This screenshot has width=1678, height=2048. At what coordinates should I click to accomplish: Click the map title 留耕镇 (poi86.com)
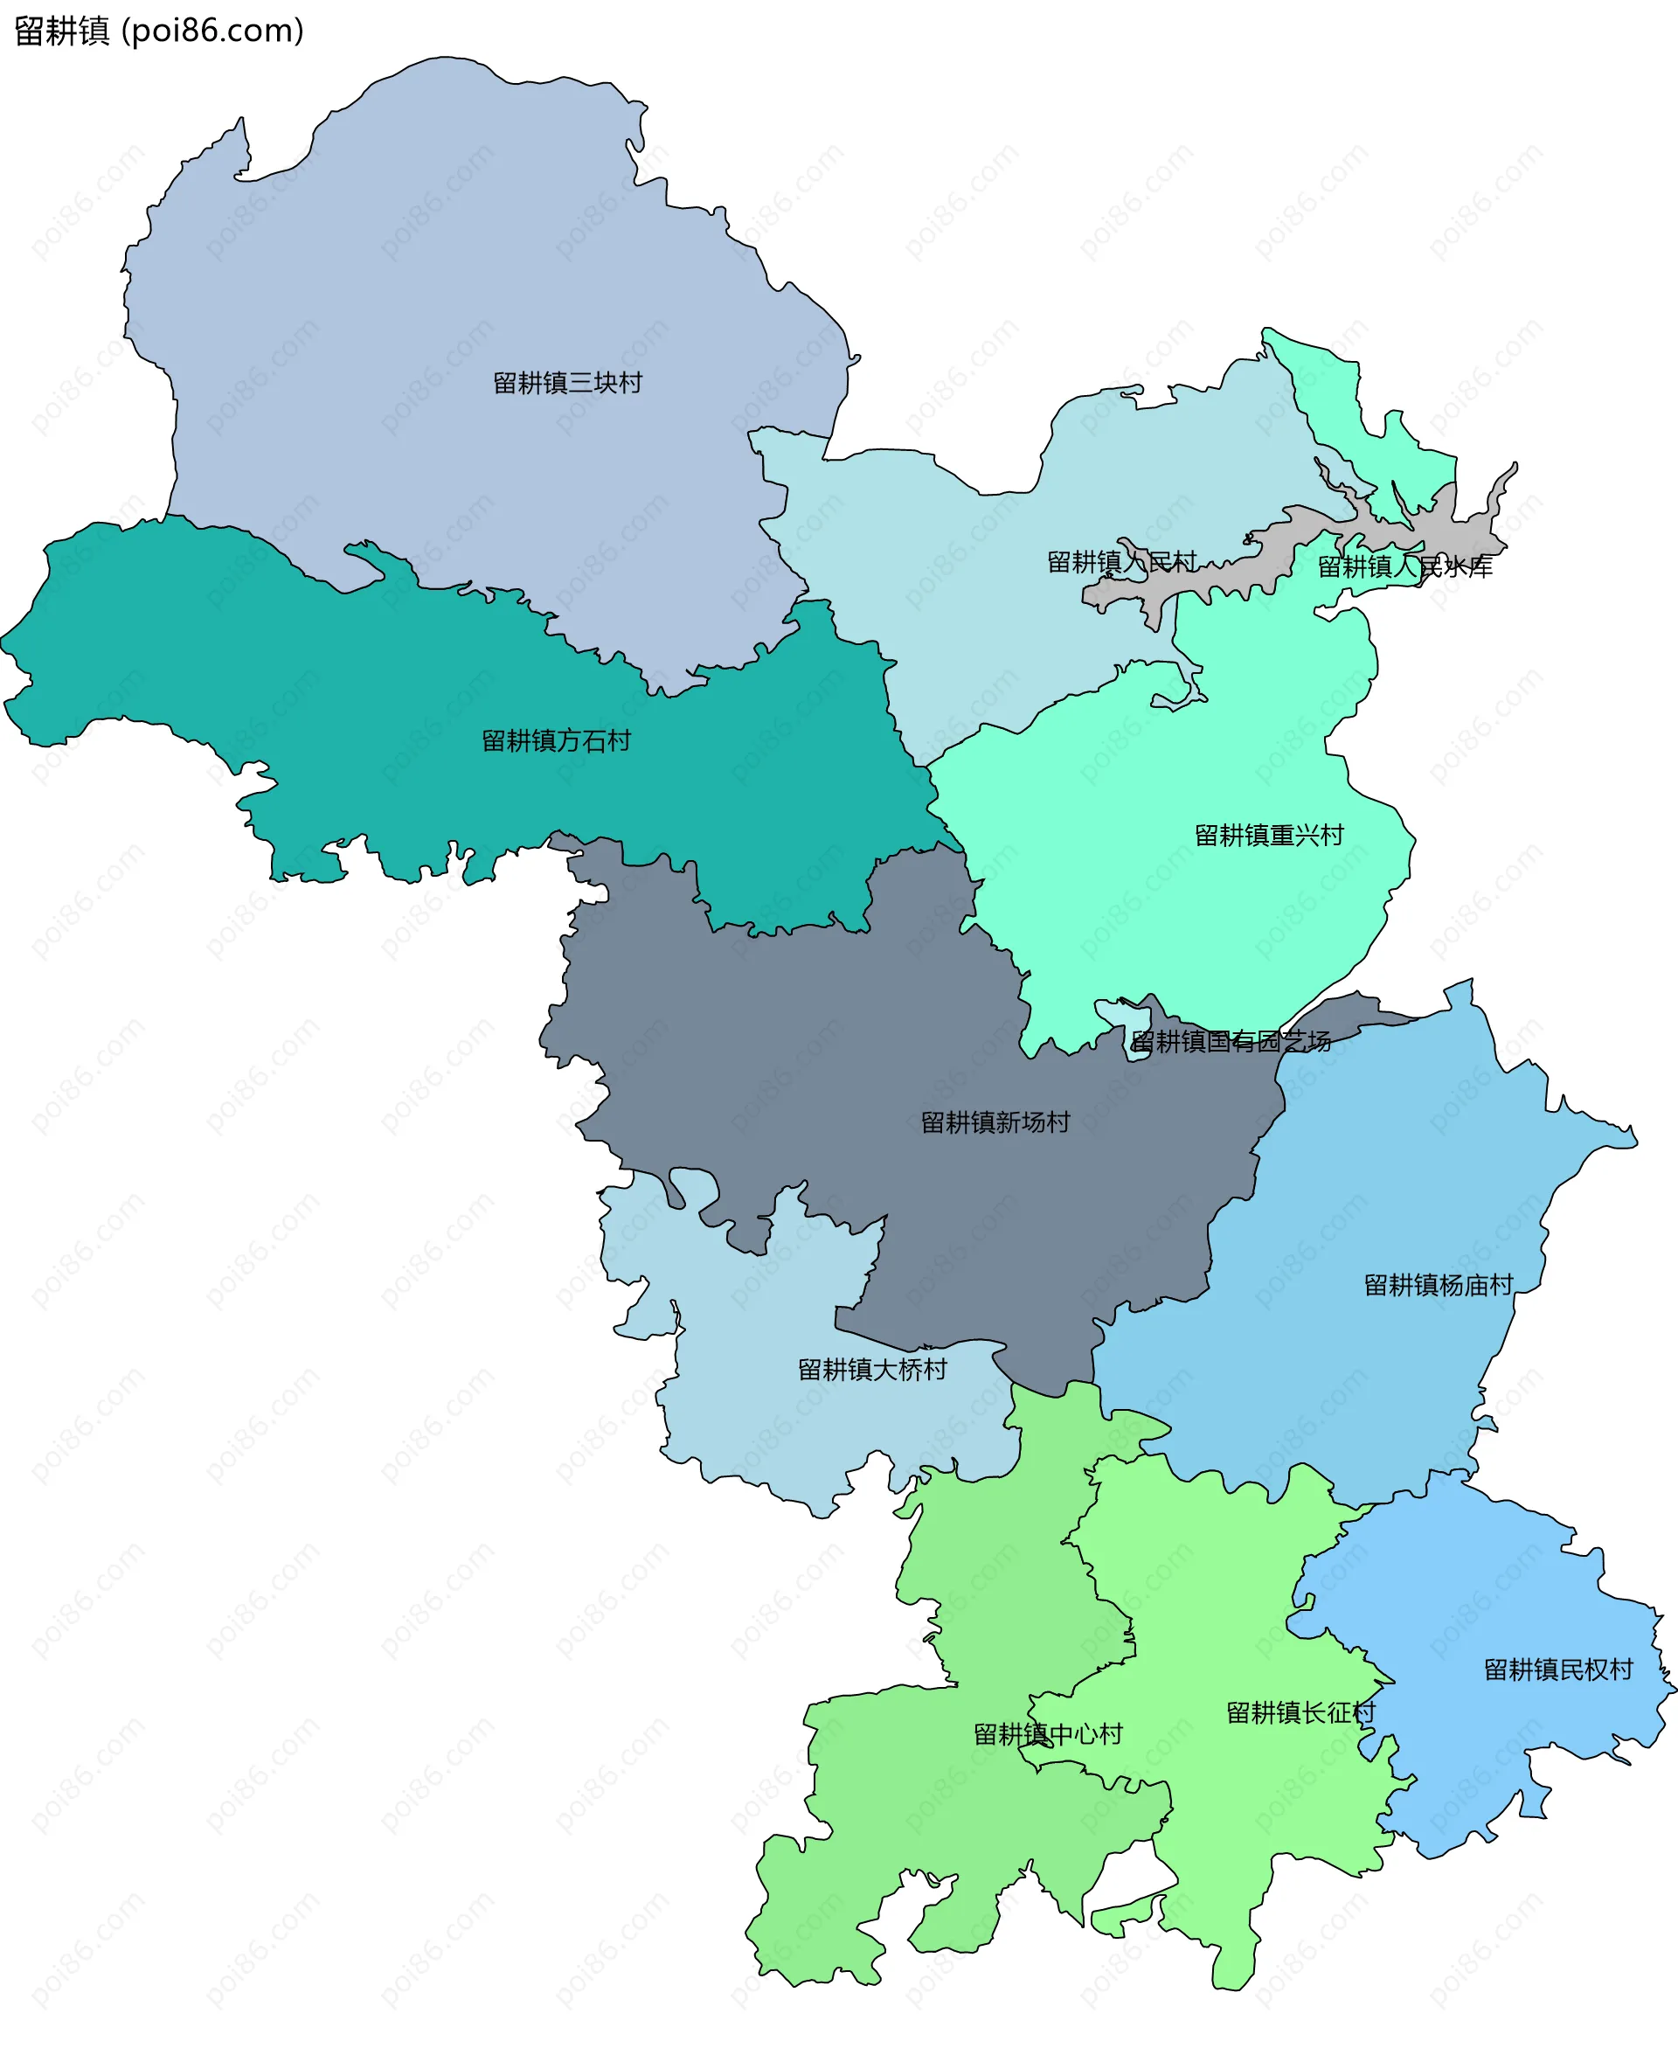[x=159, y=31]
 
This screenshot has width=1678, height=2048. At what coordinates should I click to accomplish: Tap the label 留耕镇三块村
[x=567, y=383]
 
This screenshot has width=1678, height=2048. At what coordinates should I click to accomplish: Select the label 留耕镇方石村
[x=556, y=740]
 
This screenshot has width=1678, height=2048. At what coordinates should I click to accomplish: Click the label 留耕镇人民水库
[x=1404, y=566]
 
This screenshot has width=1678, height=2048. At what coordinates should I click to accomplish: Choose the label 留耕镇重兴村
[x=1268, y=835]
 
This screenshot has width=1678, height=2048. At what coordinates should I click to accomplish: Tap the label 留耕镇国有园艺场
[x=1231, y=1041]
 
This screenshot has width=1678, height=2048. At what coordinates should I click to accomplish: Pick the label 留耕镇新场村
[x=995, y=1122]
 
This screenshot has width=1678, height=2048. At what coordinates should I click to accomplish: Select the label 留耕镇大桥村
[x=872, y=1369]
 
